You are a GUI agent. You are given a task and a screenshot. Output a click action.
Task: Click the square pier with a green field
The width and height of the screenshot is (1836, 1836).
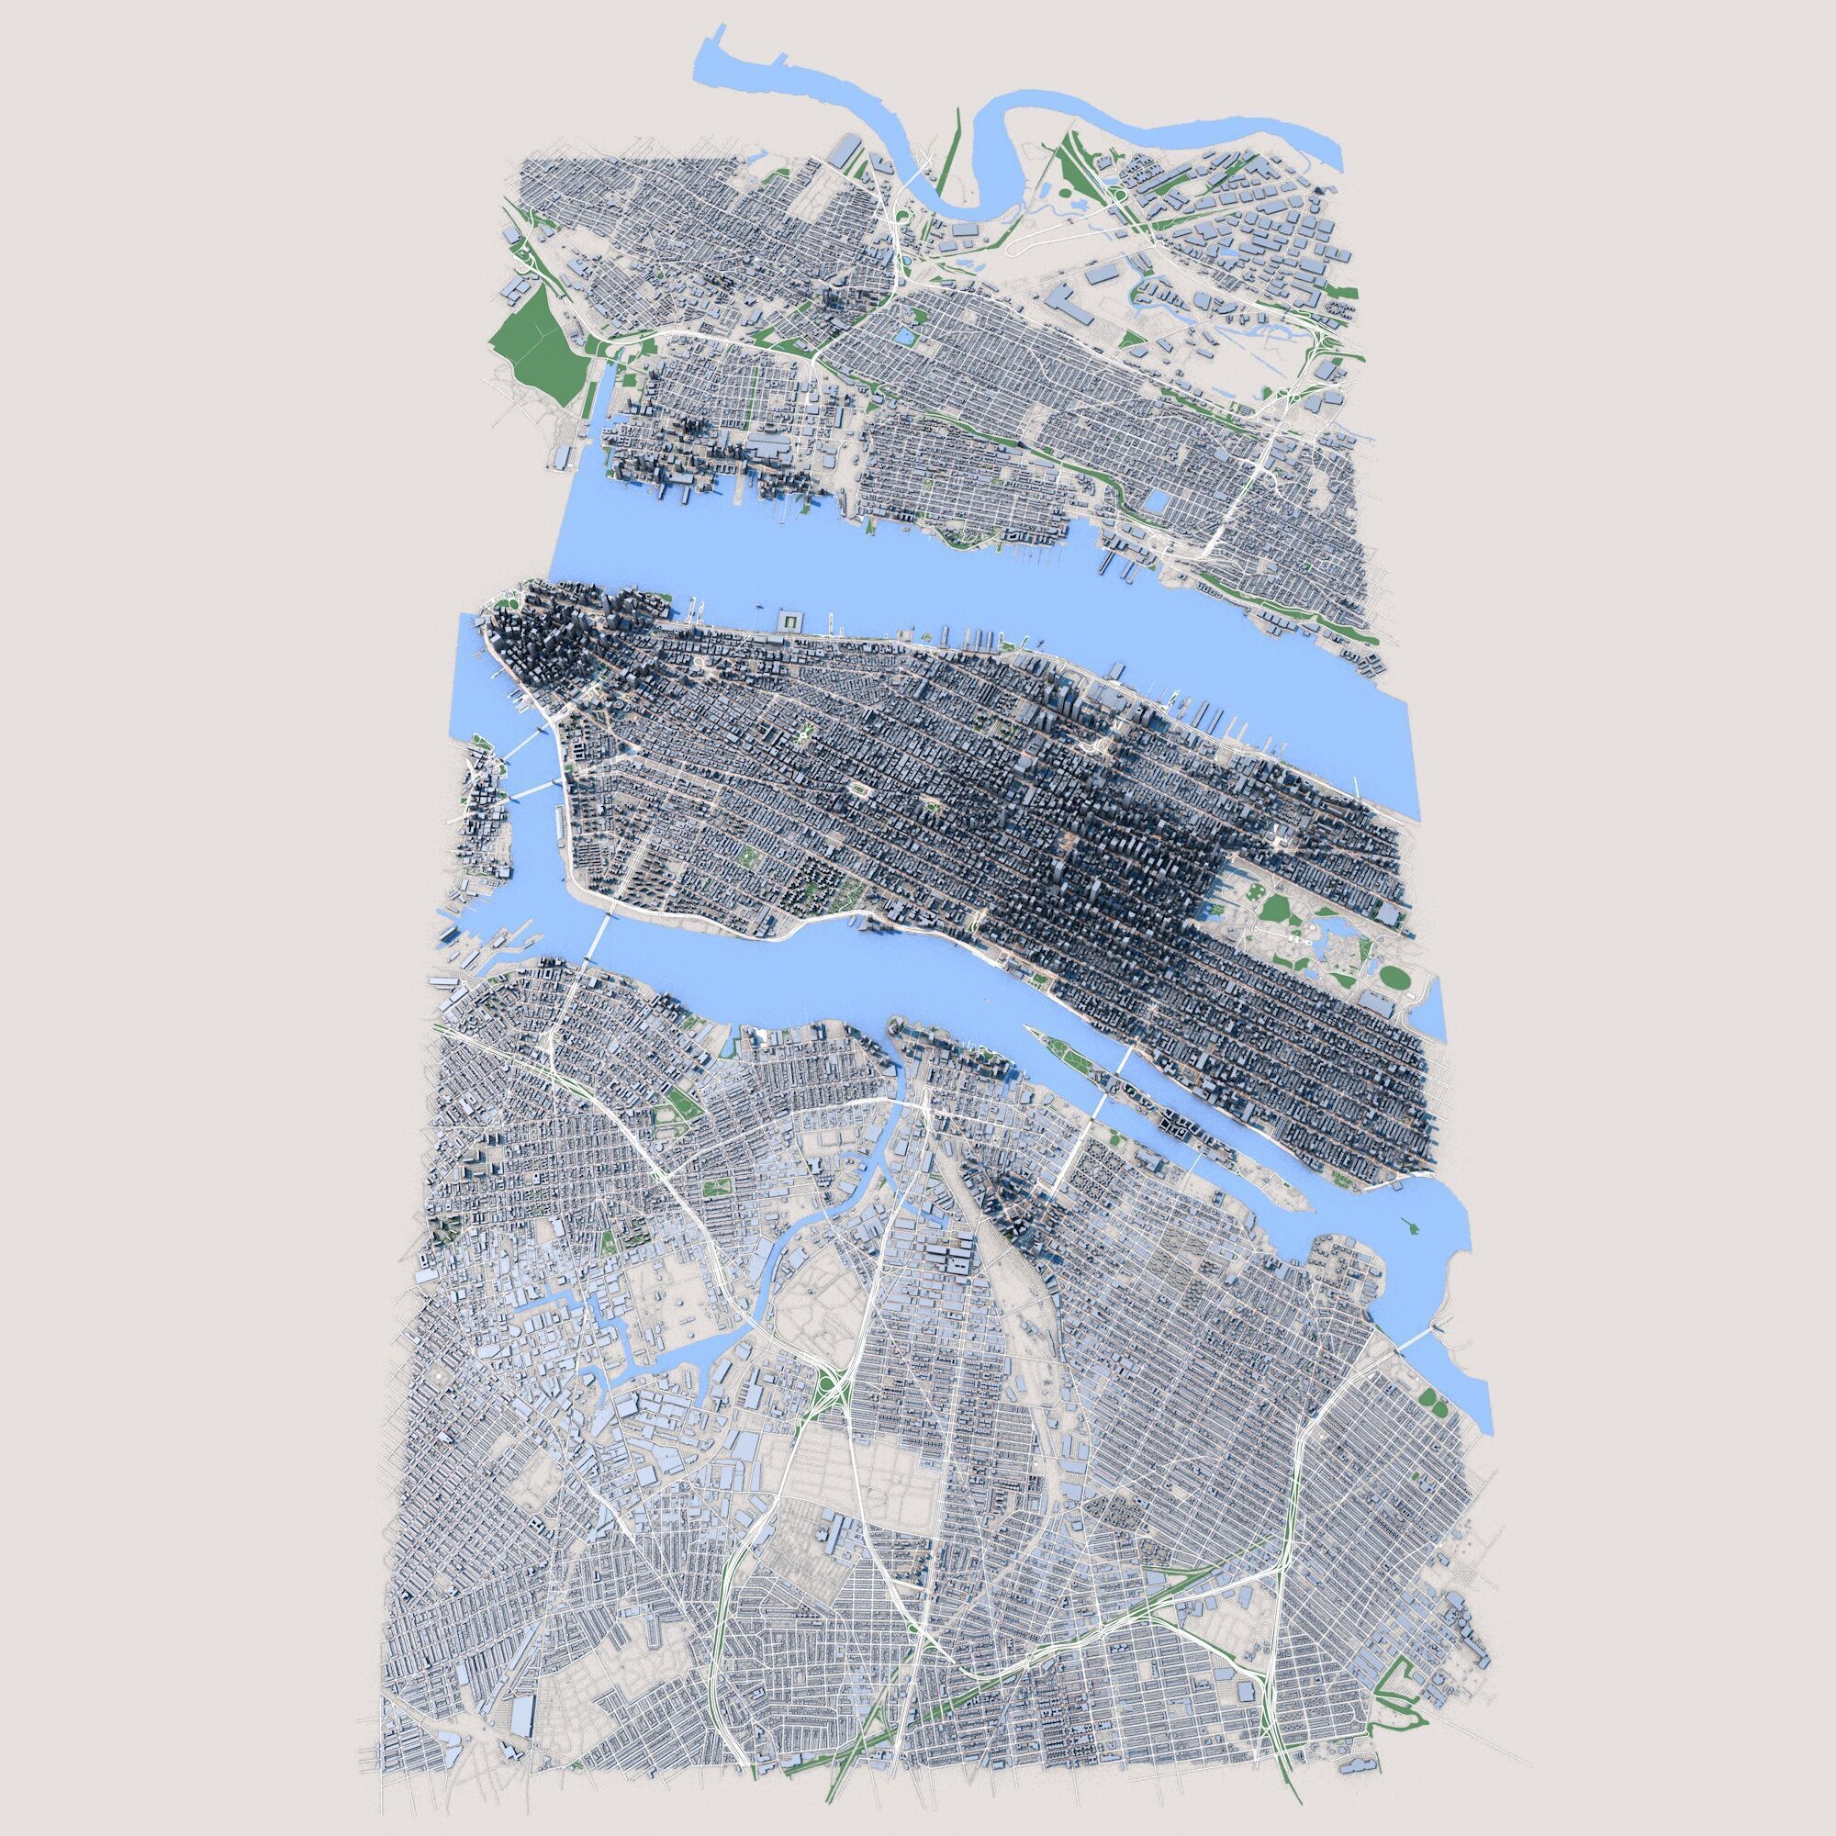pyautogui.click(x=789, y=621)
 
